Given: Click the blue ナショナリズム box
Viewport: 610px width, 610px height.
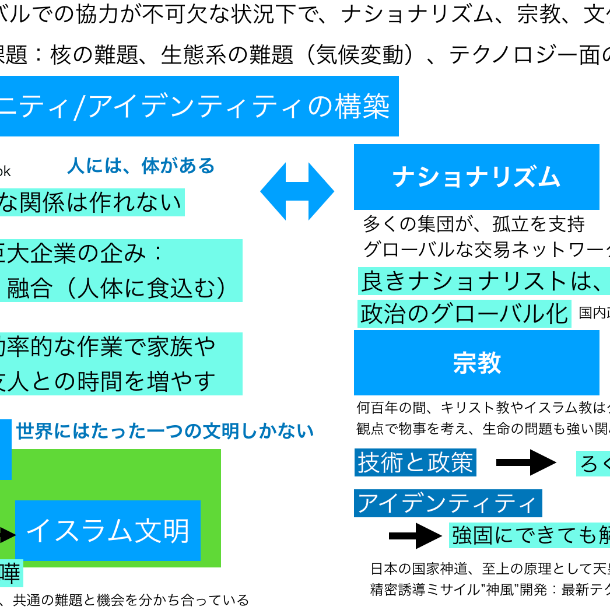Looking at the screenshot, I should pos(476,177).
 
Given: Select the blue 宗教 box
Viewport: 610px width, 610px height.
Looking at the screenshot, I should pos(476,362).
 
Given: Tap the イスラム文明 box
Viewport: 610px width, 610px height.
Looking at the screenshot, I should pos(108,531).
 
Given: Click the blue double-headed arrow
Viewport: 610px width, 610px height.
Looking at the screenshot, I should pos(297,191).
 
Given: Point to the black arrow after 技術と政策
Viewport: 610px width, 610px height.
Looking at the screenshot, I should pos(526,463).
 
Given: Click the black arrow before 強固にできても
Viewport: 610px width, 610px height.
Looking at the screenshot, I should pos(415,535).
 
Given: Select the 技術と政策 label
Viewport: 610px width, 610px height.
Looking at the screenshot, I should pos(415,463).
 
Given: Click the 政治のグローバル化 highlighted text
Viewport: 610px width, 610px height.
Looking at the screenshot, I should pos(464,314).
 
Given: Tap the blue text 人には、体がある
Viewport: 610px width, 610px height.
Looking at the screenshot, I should pos(141,166).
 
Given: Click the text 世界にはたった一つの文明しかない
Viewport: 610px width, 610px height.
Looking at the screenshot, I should pos(165,432).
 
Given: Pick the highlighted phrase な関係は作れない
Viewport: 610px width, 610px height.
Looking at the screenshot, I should pos(90,202).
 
